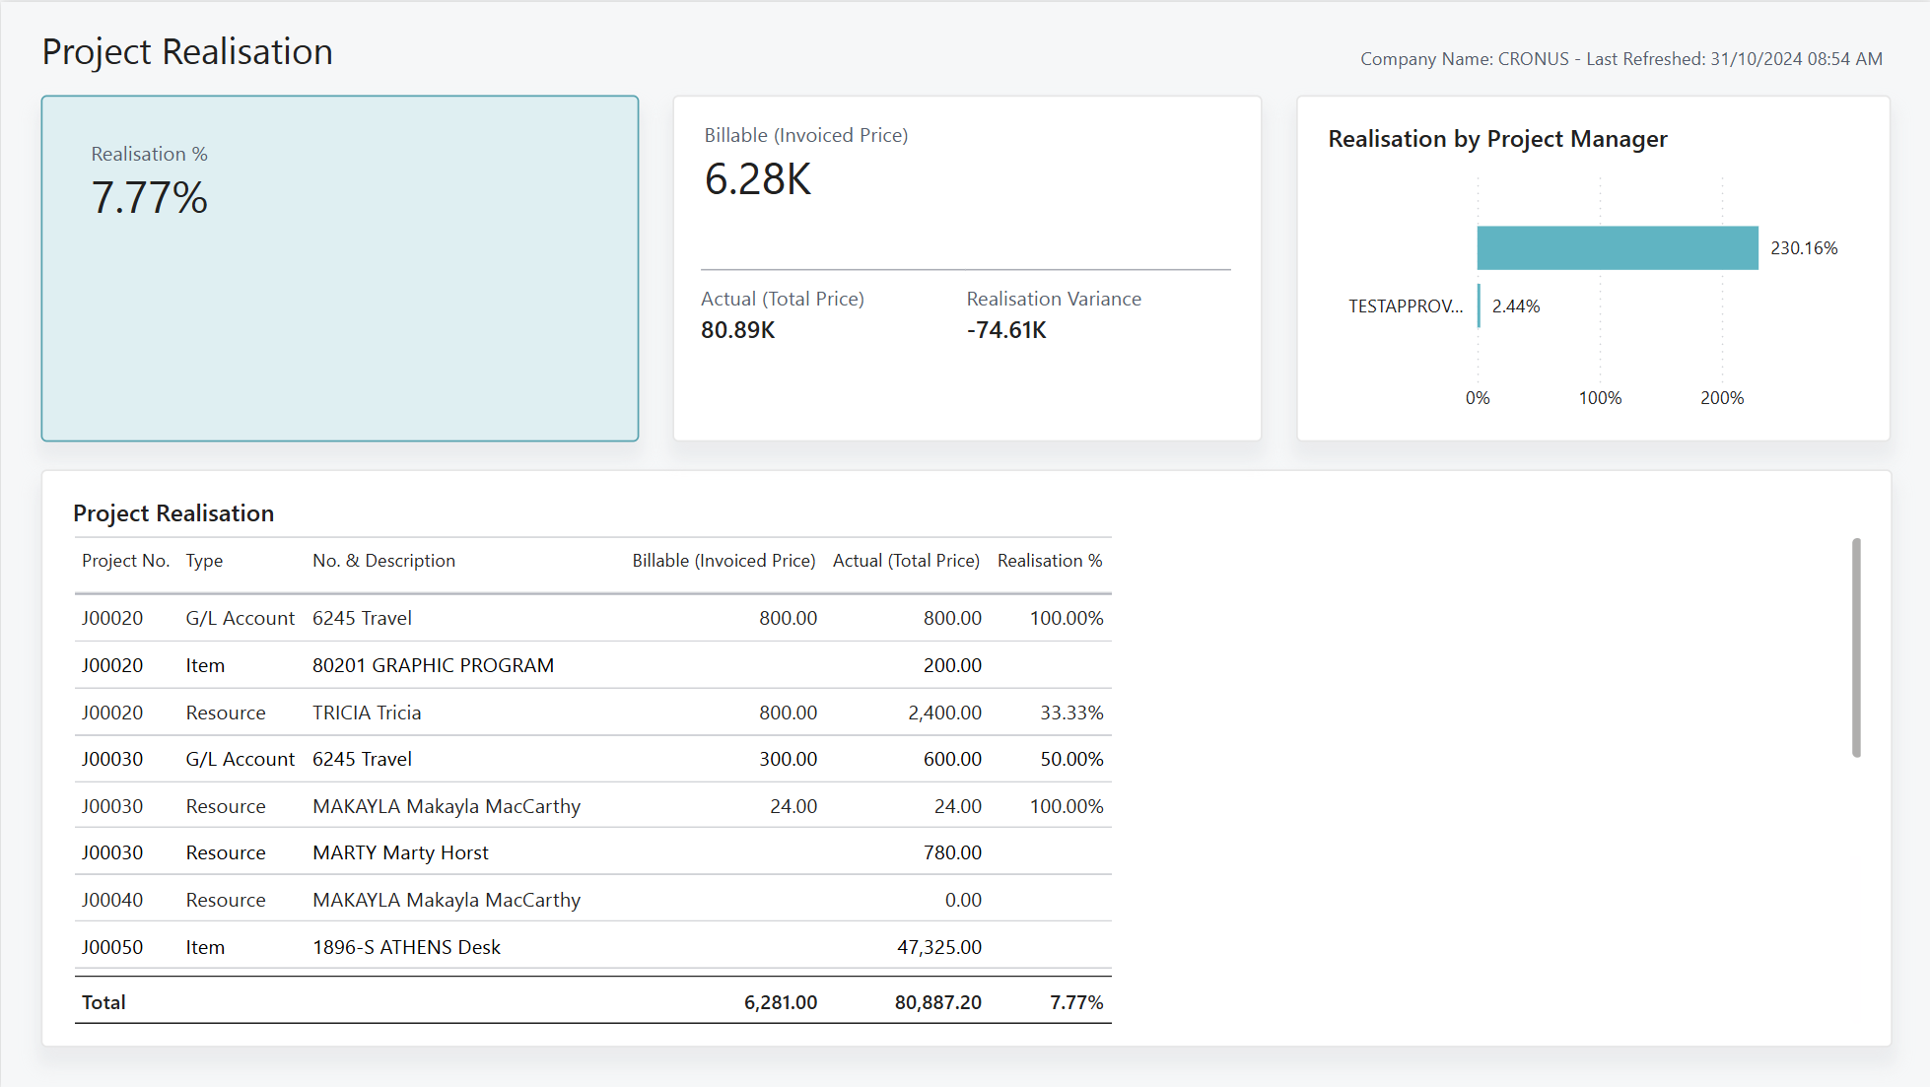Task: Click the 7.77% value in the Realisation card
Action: [149, 197]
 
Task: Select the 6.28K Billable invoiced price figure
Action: [758, 179]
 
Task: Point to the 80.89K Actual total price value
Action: [738, 330]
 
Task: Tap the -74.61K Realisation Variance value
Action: [1006, 330]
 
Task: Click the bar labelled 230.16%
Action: [1618, 247]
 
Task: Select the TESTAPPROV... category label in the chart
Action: [1406, 306]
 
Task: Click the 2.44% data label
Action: [1516, 306]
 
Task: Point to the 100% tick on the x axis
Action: [1600, 398]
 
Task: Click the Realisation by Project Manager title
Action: [1497, 139]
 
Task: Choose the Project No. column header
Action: [126, 561]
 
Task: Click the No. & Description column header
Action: [383, 561]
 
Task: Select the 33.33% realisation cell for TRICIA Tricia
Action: [1071, 713]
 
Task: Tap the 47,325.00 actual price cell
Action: [939, 947]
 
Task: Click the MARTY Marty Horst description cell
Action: [400, 852]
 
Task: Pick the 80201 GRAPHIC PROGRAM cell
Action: [433, 665]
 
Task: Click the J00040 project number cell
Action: [112, 900]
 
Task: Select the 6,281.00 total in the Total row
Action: [781, 1002]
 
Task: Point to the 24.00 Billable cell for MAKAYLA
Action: [793, 806]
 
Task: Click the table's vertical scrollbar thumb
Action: [1856, 647]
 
